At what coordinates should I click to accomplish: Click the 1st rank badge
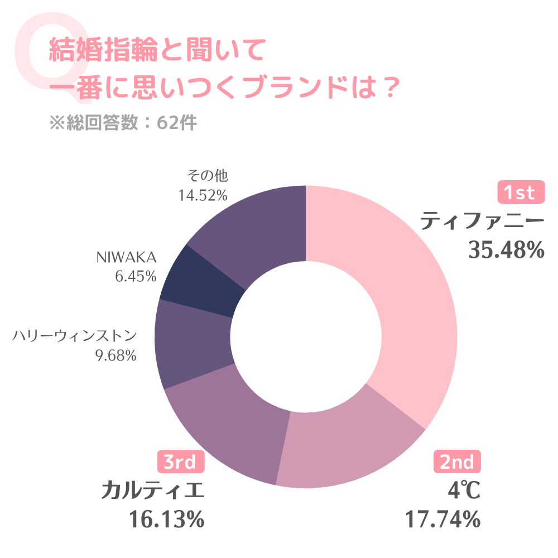click(x=520, y=193)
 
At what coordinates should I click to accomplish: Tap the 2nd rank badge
click(x=457, y=461)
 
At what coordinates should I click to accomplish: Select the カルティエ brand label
click(x=153, y=491)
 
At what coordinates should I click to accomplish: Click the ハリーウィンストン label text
click(x=75, y=336)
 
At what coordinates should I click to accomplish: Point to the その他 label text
click(x=208, y=176)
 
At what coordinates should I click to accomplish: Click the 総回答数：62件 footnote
click(x=123, y=123)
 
